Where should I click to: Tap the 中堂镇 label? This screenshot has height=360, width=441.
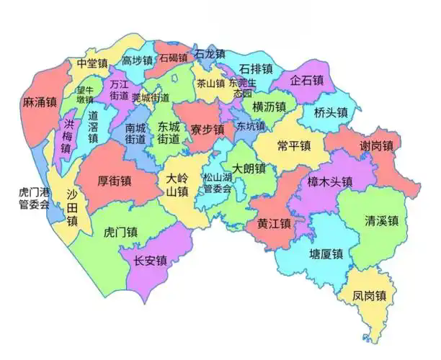click(92, 63)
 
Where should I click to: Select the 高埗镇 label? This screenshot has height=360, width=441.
click(137, 60)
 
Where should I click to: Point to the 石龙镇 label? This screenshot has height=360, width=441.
click(210, 54)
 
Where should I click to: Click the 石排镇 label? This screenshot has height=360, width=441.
click(256, 69)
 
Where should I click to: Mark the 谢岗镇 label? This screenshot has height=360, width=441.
click(376, 146)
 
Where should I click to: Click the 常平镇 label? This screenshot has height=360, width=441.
click(294, 145)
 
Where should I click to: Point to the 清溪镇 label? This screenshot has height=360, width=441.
click(382, 221)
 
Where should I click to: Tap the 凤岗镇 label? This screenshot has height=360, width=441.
click(370, 296)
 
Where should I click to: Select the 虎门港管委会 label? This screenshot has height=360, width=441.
click(35, 199)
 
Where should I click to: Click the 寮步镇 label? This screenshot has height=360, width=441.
click(208, 130)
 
